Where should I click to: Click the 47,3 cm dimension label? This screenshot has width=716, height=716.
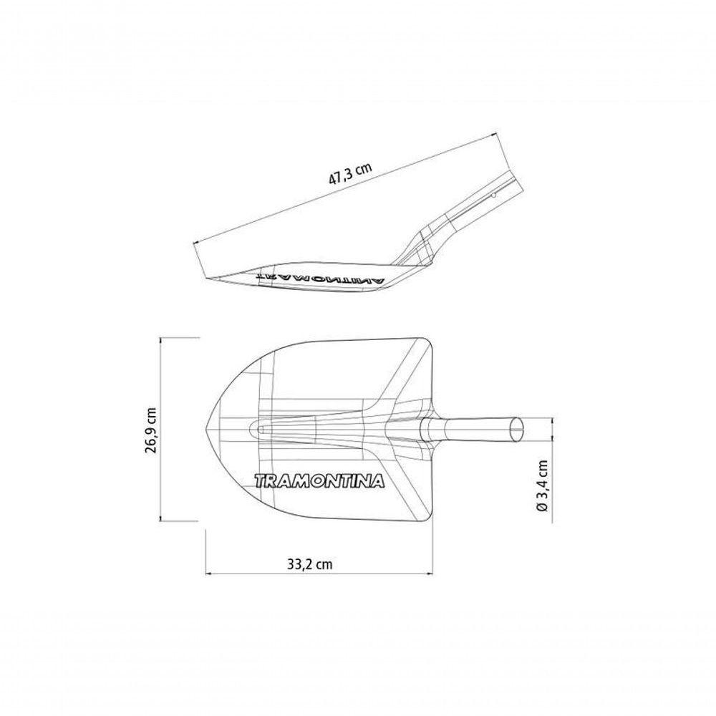point(351,173)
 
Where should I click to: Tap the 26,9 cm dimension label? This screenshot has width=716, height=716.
point(152,430)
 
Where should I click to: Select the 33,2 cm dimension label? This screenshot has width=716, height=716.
point(309,564)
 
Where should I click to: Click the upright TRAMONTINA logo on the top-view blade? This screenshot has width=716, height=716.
point(319,481)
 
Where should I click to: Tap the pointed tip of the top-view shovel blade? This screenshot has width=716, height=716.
point(206,429)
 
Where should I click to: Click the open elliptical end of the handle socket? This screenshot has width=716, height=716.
point(516,429)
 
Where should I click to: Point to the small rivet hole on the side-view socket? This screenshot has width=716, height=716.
point(493,195)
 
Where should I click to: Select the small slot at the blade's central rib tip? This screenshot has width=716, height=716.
point(261,430)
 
